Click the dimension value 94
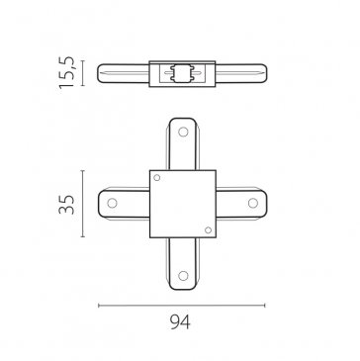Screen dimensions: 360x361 pos(180,322)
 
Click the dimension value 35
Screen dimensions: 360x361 pos(66,205)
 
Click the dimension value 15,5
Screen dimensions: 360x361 pos(66,72)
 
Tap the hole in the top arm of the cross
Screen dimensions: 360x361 pos(183,132)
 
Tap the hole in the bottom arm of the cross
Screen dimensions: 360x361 pos(183,276)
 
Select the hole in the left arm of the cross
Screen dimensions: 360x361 pos(112,203)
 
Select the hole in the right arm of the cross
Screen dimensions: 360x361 pos(253,203)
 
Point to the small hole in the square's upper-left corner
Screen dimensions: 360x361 pos(157,178)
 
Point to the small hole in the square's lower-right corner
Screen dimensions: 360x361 pos(208,230)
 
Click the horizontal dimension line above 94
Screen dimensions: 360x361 pos(182,306)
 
